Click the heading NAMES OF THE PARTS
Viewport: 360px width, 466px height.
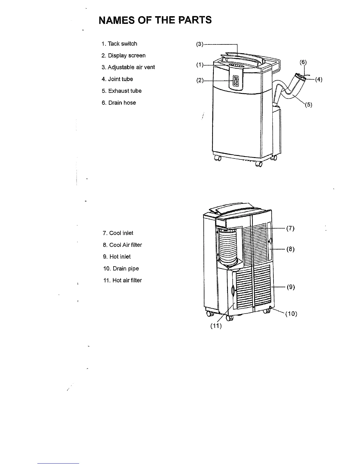(155, 20)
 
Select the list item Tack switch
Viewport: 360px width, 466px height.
(119, 44)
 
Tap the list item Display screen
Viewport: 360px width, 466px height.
(124, 56)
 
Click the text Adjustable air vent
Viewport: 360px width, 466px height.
(128, 67)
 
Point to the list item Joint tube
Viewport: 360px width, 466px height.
(117, 79)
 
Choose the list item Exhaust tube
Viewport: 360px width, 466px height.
(122, 91)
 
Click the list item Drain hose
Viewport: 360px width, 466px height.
(119, 103)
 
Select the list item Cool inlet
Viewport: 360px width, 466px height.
(118, 233)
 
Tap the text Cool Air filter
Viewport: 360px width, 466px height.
(122, 245)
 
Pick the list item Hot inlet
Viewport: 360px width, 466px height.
(117, 257)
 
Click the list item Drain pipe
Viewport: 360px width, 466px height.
(121, 269)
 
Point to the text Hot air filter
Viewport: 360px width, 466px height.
(122, 280)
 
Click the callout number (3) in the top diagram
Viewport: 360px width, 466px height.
(200, 44)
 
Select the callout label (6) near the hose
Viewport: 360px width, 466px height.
(303, 62)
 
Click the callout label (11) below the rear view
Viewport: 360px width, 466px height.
(216, 326)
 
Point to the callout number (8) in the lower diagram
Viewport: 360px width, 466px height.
(290, 249)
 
